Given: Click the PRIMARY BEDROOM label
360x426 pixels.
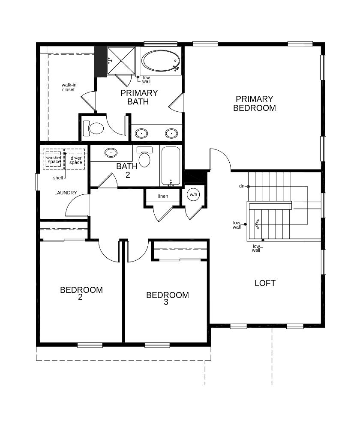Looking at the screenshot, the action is [255, 104].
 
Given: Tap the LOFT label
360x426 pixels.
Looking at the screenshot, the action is [265, 283].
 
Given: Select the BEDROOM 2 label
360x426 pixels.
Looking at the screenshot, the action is [81, 293].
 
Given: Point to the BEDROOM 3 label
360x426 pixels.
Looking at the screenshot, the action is [168, 298].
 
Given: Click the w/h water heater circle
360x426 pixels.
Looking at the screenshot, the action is [193, 194].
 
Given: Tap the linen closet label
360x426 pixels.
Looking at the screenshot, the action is [163, 196].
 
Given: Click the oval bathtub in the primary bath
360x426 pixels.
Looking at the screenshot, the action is [161, 61].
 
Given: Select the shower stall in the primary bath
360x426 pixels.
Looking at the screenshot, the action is [121, 61].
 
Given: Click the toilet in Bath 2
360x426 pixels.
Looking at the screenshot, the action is [144, 157].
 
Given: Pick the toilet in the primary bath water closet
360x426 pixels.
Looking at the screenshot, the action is [93, 128].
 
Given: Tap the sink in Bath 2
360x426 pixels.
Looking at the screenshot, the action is [111, 153].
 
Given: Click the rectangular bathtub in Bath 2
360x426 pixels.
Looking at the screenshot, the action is [171, 166].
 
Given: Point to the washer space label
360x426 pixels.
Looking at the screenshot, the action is [54, 159].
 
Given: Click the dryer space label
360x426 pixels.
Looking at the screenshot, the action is [76, 160].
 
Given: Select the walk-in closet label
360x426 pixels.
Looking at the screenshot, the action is [69, 87].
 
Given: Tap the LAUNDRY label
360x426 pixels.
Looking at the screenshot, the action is [66, 193].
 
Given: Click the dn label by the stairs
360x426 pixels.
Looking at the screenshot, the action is [242, 186].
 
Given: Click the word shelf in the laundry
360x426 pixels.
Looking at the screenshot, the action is [58, 178].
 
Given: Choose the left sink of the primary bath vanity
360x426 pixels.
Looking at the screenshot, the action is [141, 134].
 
